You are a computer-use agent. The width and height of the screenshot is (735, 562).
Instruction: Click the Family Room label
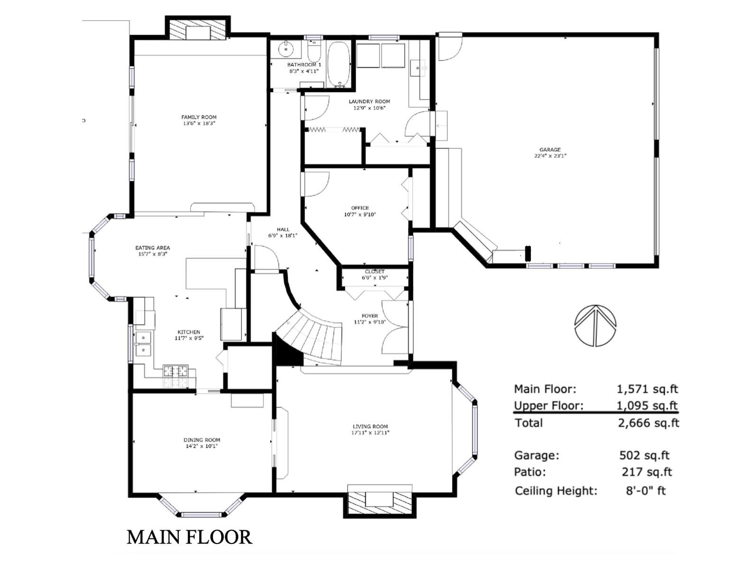tap(198, 117)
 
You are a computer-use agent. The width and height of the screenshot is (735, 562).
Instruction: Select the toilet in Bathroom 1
tap(314, 50)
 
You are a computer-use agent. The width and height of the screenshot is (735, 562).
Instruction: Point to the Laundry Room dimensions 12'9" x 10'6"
tap(369, 108)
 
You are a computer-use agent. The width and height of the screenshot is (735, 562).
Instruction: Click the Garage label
tap(550, 149)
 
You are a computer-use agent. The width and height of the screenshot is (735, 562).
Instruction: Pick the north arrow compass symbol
tap(595, 325)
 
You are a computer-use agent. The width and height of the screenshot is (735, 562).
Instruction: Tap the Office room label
tap(360, 208)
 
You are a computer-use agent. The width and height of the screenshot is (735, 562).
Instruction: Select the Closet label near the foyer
tap(375, 272)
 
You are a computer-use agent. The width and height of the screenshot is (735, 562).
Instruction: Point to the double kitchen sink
tap(143, 344)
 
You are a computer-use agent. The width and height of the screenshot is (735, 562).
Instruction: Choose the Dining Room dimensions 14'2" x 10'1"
tap(202, 446)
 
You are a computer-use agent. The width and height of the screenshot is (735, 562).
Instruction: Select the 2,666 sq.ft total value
tap(648, 423)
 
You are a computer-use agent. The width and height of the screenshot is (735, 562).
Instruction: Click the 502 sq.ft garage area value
tap(644, 455)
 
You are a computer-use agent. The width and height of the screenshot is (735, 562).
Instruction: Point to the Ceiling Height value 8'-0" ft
tap(646, 491)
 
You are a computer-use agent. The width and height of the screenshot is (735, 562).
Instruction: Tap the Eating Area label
tap(152, 248)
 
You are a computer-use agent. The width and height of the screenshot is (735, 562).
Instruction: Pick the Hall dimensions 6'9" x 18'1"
tap(283, 236)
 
